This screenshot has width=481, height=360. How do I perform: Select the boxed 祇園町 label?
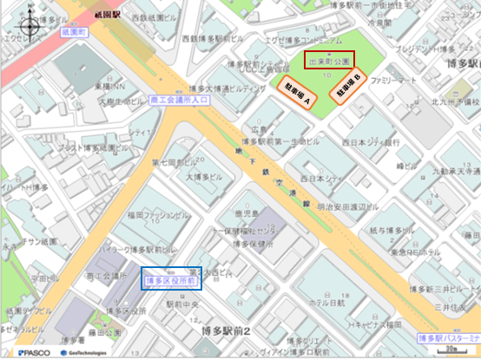coord(76,30)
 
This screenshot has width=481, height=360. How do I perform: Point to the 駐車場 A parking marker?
coord(298,94)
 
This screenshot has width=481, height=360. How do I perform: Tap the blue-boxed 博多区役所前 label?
coord(172,280)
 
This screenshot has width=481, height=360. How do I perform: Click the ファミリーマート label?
coord(394,80)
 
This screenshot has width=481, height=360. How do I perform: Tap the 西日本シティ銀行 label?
coord(371,141)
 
